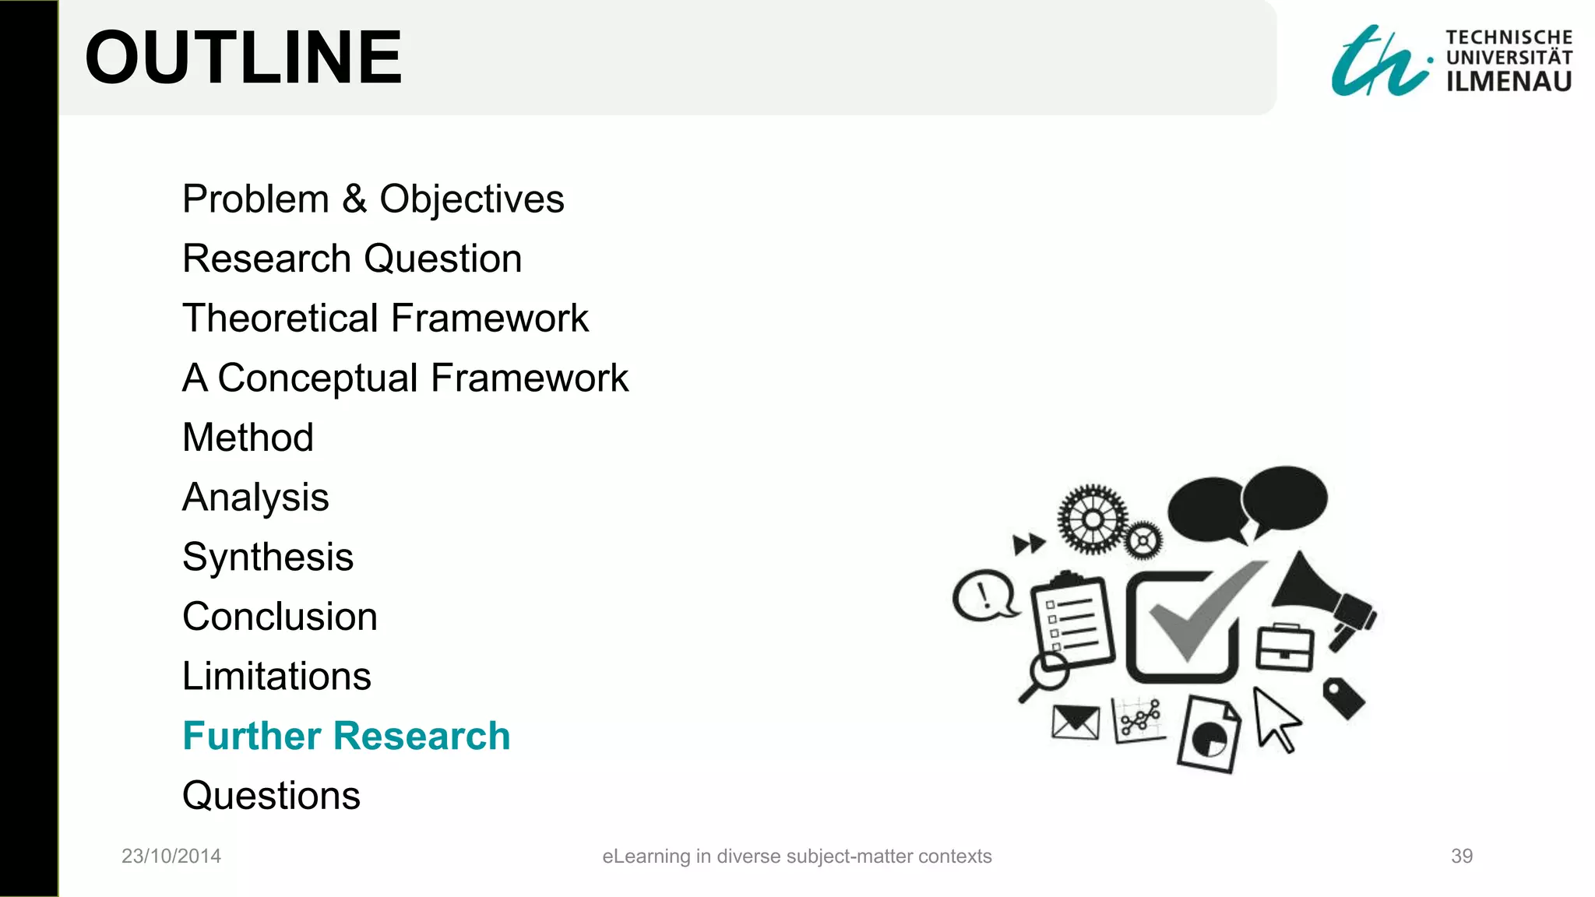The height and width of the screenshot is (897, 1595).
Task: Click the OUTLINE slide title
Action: tap(243, 58)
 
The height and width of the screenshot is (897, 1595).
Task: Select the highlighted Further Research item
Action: tap(346, 736)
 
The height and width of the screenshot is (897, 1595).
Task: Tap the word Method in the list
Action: tap(248, 438)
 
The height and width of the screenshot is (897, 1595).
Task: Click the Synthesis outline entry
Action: tap(268, 558)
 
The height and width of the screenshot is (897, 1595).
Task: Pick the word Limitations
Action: tap(276, 676)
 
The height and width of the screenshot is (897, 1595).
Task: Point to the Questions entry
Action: tap(271, 796)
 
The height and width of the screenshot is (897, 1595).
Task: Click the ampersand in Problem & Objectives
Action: tap(354, 199)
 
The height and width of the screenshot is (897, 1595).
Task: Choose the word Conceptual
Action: tap(318, 378)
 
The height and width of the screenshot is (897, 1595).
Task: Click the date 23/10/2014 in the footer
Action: tap(171, 857)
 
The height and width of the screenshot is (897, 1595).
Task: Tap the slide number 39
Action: tap(1462, 857)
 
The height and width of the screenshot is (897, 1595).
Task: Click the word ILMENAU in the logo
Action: tap(1509, 82)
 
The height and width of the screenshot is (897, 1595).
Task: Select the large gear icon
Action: tap(1093, 519)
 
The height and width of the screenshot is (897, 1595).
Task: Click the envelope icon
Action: tap(1076, 723)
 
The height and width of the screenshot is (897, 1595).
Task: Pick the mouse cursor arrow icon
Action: tap(1275, 719)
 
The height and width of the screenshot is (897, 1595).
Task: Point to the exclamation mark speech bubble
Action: tap(984, 596)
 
